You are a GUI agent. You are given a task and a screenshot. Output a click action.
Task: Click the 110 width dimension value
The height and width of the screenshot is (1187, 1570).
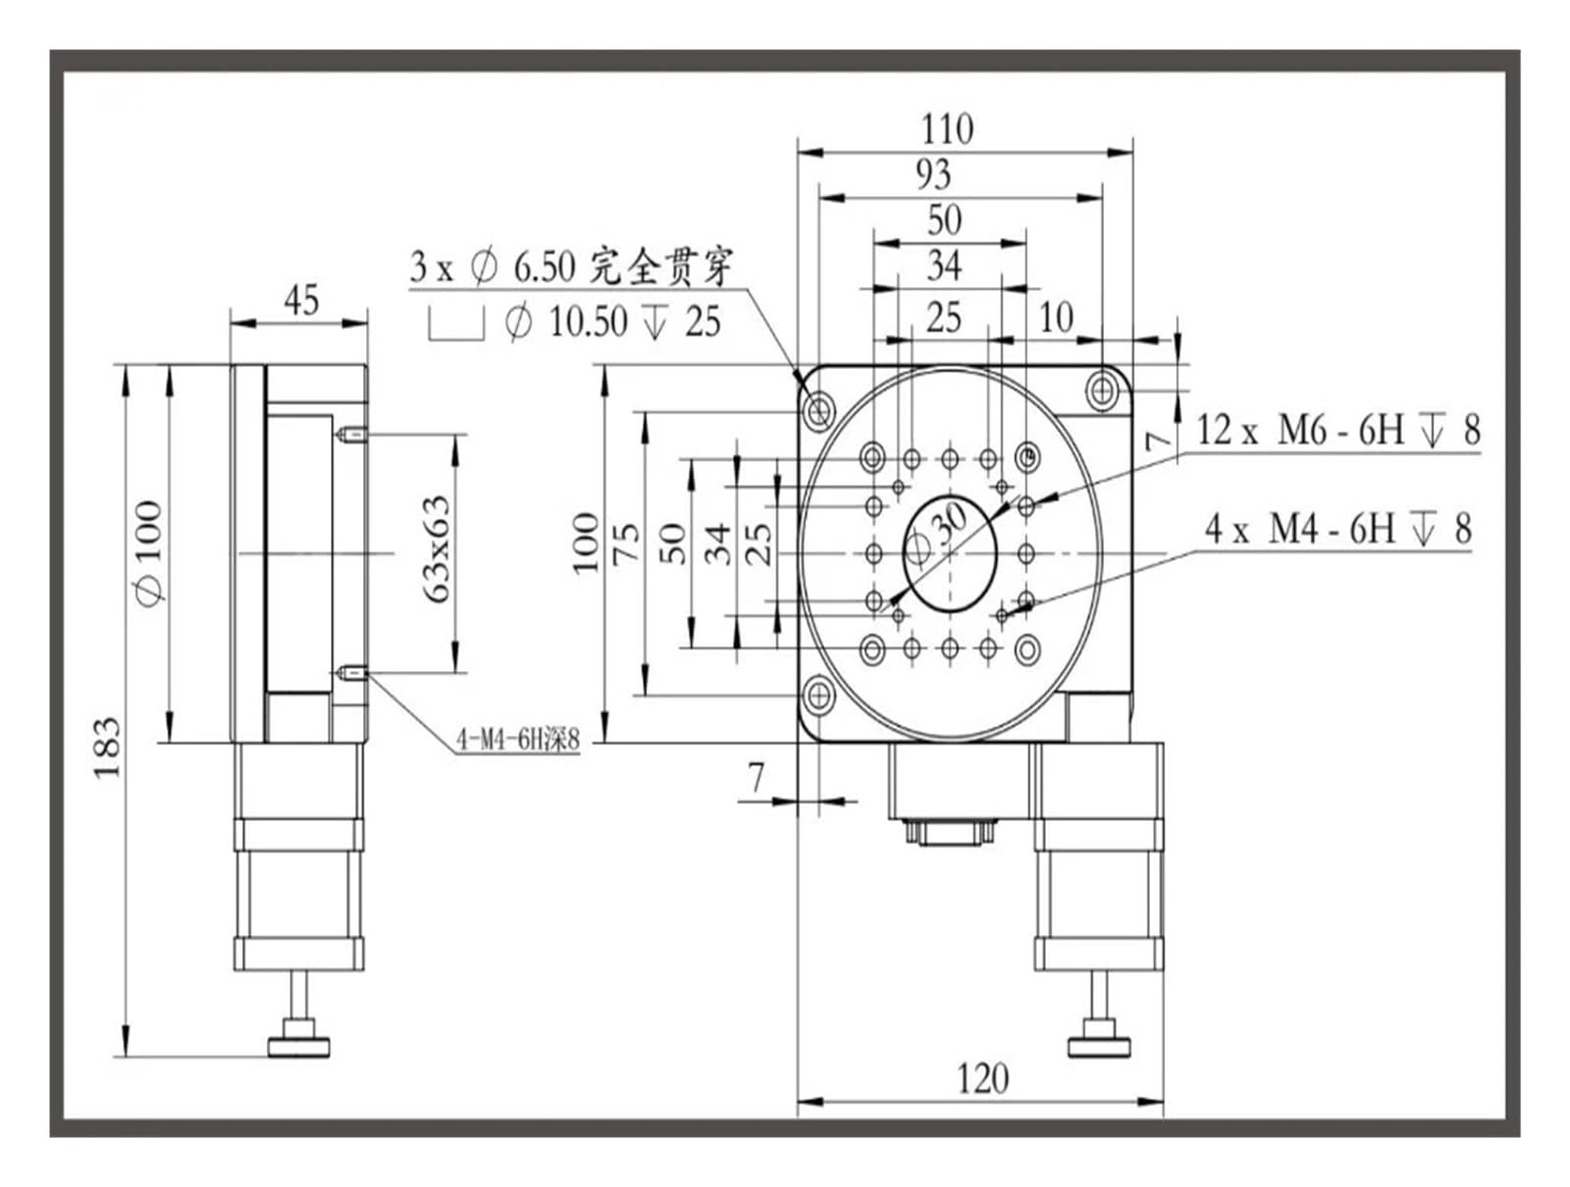click(947, 129)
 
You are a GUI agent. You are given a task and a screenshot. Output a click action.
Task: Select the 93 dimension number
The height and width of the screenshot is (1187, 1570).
click(933, 176)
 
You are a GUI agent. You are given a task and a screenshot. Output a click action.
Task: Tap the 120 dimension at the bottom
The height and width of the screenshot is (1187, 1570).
click(982, 1078)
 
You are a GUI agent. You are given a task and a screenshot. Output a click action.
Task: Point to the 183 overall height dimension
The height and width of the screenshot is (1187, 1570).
click(107, 747)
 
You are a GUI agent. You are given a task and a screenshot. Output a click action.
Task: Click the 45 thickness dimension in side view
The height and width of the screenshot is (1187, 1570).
click(301, 300)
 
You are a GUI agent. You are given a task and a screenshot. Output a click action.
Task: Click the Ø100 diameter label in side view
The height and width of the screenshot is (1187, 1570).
click(149, 551)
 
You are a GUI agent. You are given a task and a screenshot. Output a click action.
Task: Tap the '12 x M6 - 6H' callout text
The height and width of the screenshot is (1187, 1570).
click(1299, 431)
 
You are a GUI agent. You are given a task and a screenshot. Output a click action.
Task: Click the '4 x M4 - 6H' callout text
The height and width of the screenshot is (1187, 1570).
click(1299, 529)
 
